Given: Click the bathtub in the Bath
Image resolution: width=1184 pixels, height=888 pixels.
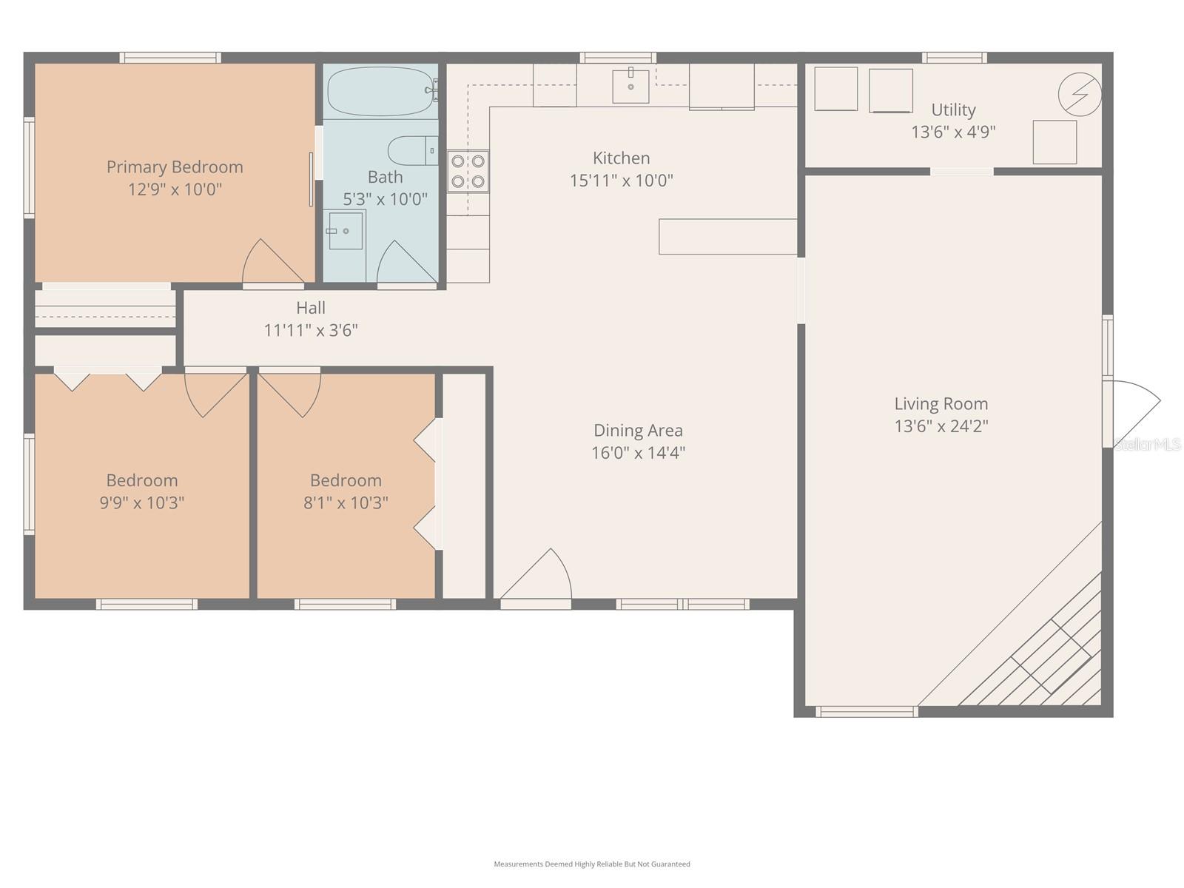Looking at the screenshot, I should [379, 92].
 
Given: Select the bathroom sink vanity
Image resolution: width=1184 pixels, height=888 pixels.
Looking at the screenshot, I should [345, 231].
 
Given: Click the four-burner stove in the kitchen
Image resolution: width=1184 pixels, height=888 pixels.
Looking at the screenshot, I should [468, 171].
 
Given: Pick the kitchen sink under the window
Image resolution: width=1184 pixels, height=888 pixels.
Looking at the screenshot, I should [630, 86].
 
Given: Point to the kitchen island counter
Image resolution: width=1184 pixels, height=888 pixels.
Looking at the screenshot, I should [727, 237].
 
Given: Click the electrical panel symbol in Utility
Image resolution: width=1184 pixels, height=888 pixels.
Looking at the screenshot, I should [1080, 94].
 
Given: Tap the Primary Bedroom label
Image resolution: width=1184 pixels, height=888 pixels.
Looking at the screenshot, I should [175, 167].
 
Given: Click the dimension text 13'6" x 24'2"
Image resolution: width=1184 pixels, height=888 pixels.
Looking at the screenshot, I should [941, 426].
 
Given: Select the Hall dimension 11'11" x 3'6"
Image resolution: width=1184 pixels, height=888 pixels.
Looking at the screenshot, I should [311, 330].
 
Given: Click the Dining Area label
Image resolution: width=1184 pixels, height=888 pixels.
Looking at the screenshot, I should [638, 431].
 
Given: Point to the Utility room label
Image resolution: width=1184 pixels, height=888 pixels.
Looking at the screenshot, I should [953, 110].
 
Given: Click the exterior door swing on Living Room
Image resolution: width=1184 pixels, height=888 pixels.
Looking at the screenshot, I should [1134, 411].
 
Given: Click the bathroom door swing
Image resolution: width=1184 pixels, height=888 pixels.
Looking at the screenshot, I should [403, 263].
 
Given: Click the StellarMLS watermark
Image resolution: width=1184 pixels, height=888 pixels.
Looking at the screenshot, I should [1148, 445].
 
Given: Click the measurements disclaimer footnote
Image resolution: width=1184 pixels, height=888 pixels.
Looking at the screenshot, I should [592, 864].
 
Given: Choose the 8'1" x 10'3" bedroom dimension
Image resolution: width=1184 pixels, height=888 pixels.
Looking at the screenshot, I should [346, 503].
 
